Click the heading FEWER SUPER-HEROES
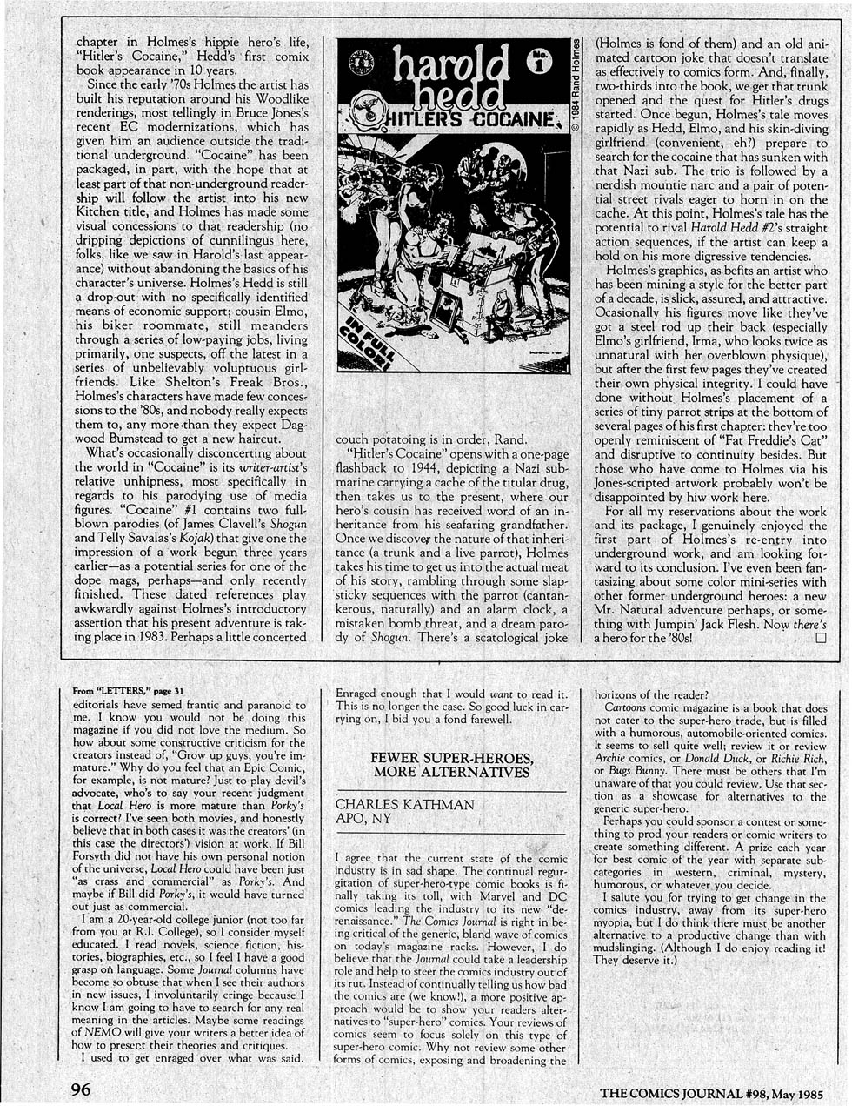pyautogui.click(x=451, y=757)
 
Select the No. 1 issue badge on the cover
pyautogui.click(x=540, y=65)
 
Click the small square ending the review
pyautogui.click(x=820, y=637)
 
